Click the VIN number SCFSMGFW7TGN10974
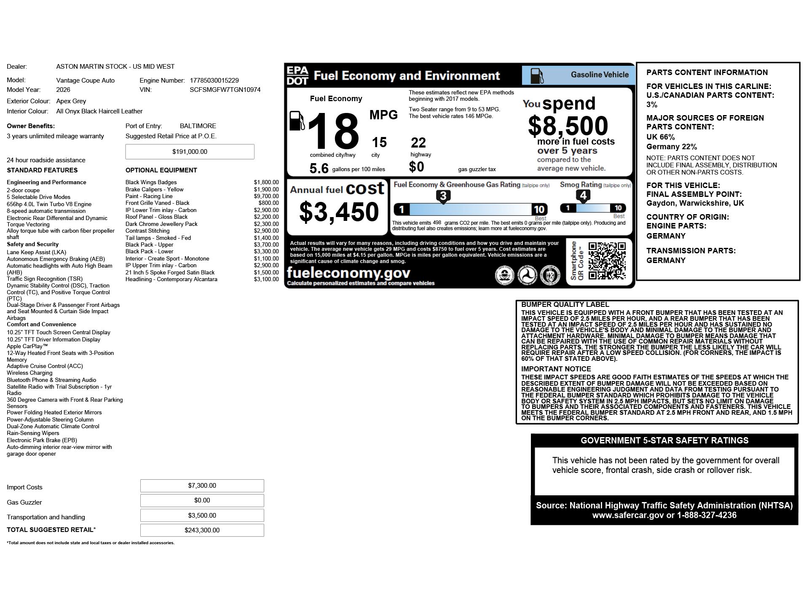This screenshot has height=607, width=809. tap(225, 90)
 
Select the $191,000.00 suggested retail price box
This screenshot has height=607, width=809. tap(190, 152)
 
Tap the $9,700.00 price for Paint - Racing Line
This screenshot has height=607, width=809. tap(266, 196)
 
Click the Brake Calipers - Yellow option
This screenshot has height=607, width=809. tap(154, 190)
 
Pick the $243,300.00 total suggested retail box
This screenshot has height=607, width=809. tap(202, 530)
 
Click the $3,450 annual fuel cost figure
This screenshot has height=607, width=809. tap(339, 212)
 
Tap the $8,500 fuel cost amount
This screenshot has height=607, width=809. tap(568, 126)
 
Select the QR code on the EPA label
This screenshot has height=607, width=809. tap(607, 261)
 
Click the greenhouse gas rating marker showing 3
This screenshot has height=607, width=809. tap(443, 196)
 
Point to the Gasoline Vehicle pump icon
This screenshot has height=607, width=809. tap(537, 75)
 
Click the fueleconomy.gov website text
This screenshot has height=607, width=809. tap(348, 273)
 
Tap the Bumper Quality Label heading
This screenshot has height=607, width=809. tap(565, 305)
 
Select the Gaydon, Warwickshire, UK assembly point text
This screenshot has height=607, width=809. tap(695, 203)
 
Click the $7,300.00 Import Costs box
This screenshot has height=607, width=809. tap(202, 486)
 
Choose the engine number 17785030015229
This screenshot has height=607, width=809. tap(214, 81)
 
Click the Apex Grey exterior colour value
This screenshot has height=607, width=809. tap(71, 101)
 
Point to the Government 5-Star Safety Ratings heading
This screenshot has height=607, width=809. tap(664, 440)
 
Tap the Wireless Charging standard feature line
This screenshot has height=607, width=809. tap(29, 373)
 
